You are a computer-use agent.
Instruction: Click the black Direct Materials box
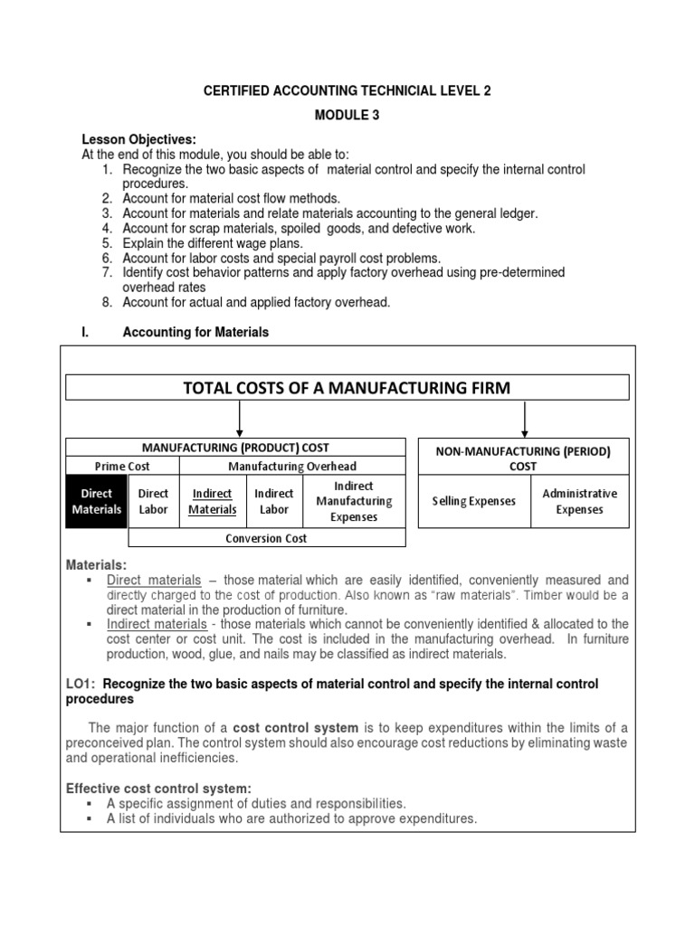click(97, 502)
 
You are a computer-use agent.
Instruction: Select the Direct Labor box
click(154, 502)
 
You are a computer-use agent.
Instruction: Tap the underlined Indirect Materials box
click(212, 502)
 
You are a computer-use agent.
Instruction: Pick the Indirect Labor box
click(274, 502)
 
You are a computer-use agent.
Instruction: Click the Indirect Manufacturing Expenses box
click(354, 502)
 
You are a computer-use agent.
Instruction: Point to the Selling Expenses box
click(474, 501)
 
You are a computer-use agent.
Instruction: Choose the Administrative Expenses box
click(579, 501)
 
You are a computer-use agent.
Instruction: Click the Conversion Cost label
click(267, 538)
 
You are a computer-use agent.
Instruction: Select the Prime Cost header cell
click(123, 467)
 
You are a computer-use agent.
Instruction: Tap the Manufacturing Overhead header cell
click(292, 467)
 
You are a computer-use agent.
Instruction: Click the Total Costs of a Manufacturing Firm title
click(347, 388)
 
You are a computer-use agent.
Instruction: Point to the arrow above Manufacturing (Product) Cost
click(239, 419)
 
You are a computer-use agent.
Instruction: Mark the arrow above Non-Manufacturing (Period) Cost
click(525, 419)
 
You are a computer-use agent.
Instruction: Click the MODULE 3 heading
click(347, 115)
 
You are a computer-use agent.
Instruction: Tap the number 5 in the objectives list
click(106, 243)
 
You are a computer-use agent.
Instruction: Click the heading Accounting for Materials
click(195, 332)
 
